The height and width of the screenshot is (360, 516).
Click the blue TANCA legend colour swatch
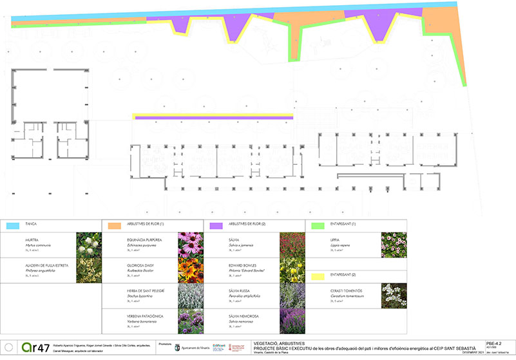point(12,225)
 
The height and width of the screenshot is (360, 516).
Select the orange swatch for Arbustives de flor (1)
point(114,225)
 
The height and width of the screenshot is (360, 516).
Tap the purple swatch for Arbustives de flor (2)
point(216,225)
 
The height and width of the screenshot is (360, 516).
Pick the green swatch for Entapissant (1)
point(317,225)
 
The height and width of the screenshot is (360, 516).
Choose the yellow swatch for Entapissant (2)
point(317,276)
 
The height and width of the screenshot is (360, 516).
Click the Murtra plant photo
point(89,245)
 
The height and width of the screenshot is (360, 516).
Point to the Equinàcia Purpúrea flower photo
point(191,245)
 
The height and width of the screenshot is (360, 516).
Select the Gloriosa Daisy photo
point(191,270)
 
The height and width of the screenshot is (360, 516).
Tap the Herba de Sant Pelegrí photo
point(191,296)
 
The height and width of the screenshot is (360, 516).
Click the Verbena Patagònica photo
point(191,321)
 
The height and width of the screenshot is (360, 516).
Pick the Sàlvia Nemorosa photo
point(292,321)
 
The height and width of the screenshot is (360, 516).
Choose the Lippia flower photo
point(394,245)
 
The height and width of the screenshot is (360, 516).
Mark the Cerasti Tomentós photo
point(394,296)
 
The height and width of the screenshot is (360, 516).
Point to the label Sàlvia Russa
point(238,290)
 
